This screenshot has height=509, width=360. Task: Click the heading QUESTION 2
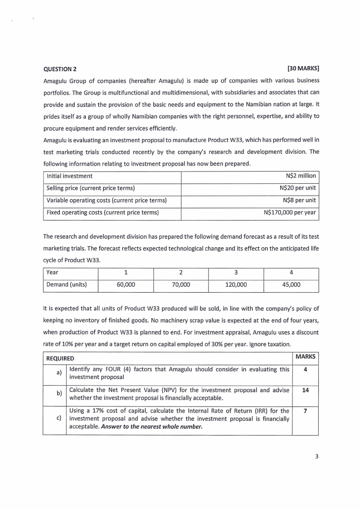click(60, 69)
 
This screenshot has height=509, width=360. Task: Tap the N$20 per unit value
click(298, 188)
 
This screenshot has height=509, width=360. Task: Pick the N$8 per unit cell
click(299, 200)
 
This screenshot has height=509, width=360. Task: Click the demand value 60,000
click(126, 285)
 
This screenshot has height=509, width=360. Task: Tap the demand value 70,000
click(180, 285)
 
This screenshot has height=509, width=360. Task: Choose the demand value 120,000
click(236, 285)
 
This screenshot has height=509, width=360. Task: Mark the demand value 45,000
click(291, 285)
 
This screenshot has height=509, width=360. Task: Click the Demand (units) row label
click(66, 285)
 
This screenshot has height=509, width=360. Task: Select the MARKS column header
click(305, 357)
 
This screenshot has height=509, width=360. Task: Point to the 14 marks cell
click(305, 390)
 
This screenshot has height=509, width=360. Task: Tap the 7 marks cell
click(305, 411)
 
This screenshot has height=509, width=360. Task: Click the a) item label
click(59, 372)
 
